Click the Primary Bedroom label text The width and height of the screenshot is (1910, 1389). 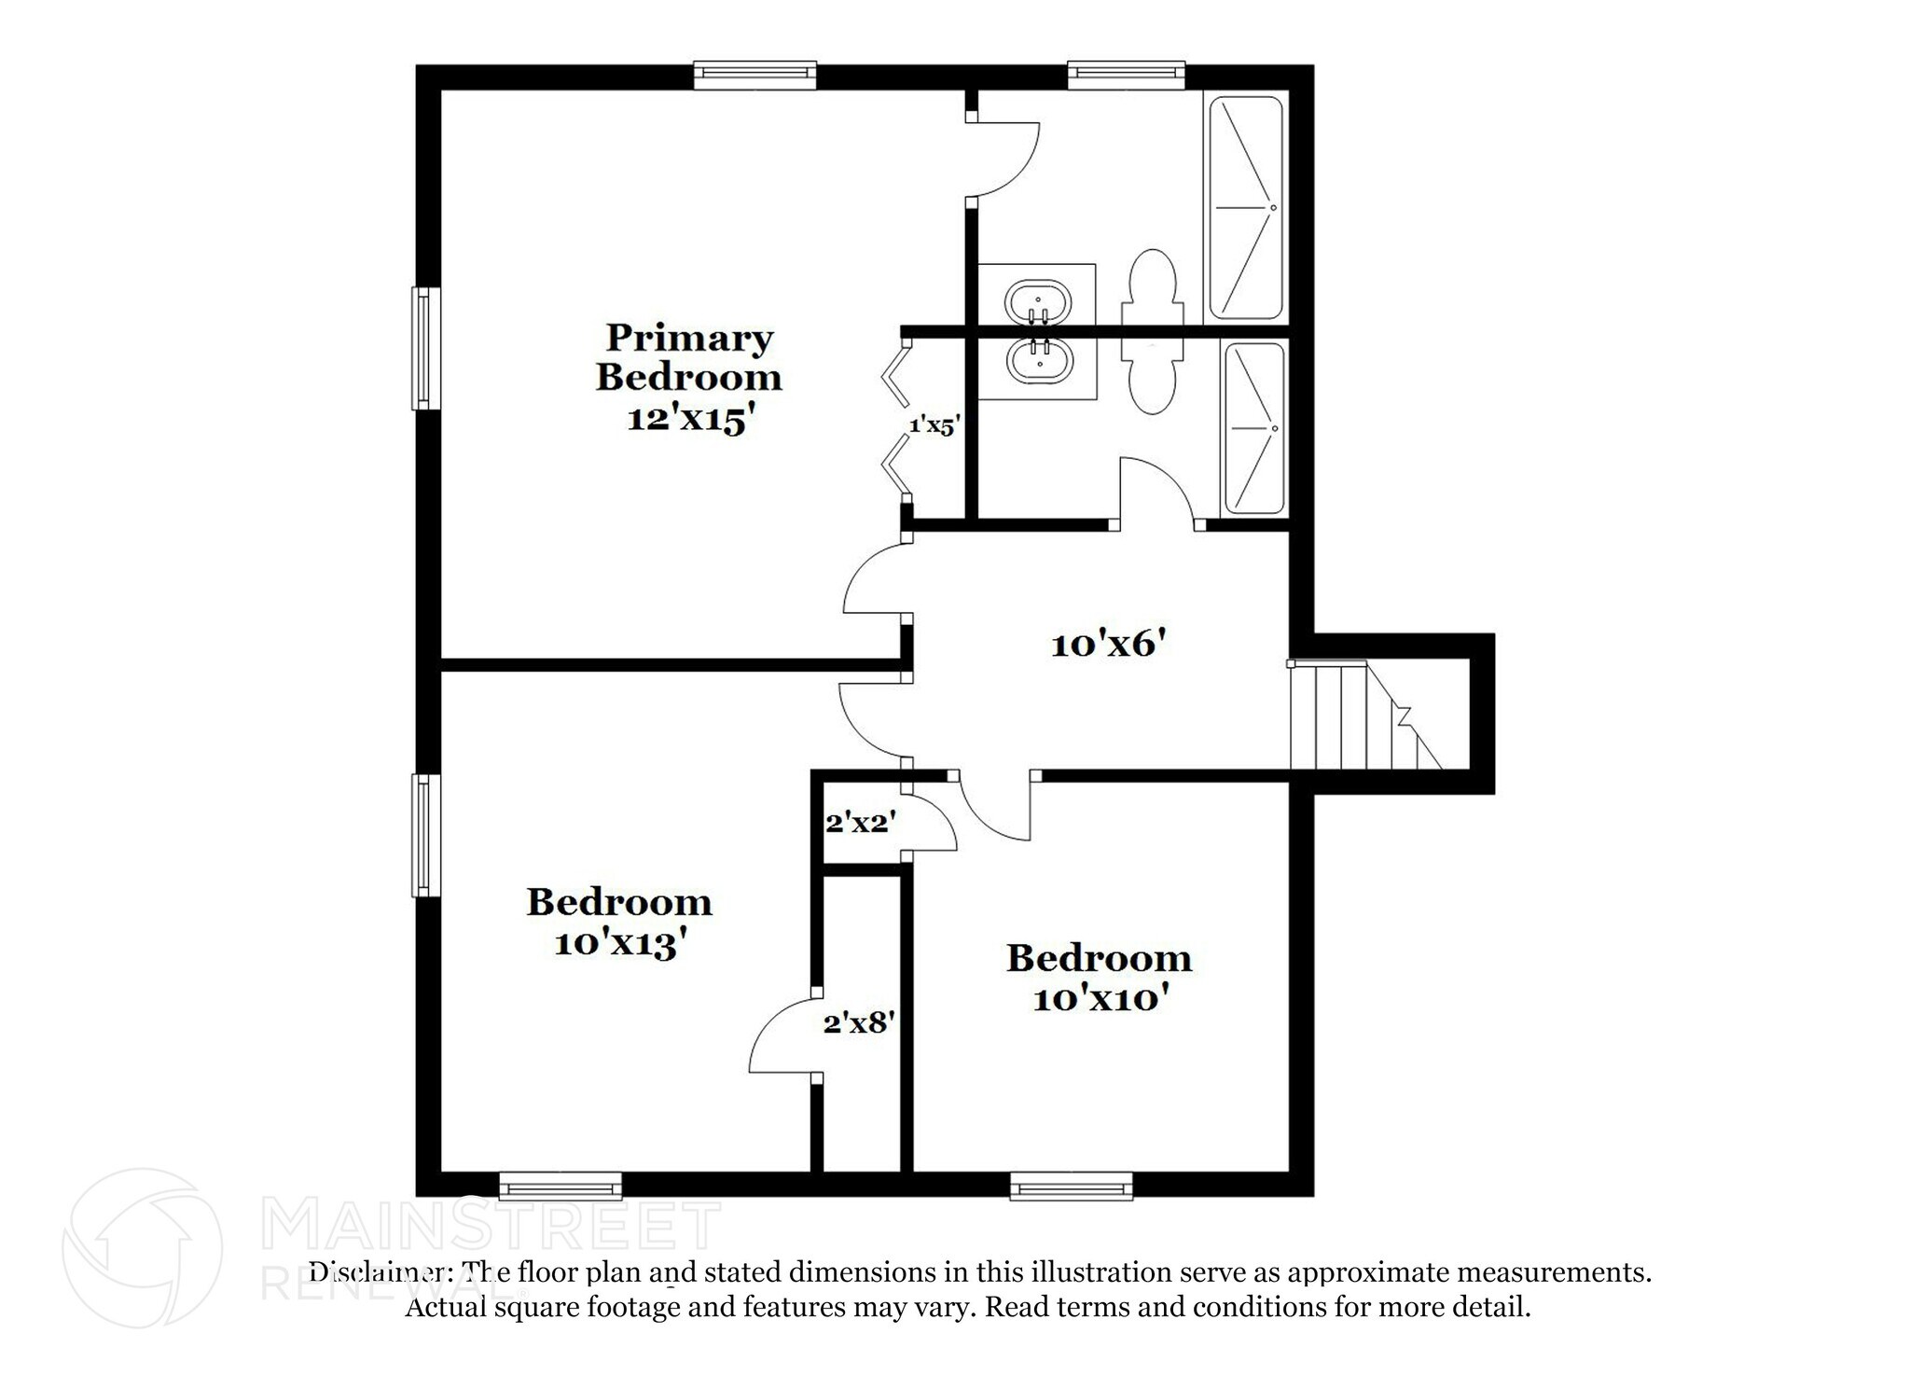(688, 357)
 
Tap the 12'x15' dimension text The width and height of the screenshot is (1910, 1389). (688, 419)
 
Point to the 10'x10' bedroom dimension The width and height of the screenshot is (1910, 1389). (1100, 999)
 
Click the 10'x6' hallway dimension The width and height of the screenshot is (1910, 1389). (1109, 644)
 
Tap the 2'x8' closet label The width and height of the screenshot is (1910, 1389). (859, 1024)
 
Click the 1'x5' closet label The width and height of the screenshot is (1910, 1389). (934, 425)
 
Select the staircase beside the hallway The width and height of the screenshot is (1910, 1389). (1362, 715)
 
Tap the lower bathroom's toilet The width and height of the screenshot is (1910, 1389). (1154, 378)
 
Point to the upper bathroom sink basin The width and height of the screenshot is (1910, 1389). (1037, 300)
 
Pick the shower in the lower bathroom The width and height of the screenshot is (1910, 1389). (1253, 428)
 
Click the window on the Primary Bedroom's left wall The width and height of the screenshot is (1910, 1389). (426, 348)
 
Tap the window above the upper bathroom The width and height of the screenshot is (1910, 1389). (1126, 75)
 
